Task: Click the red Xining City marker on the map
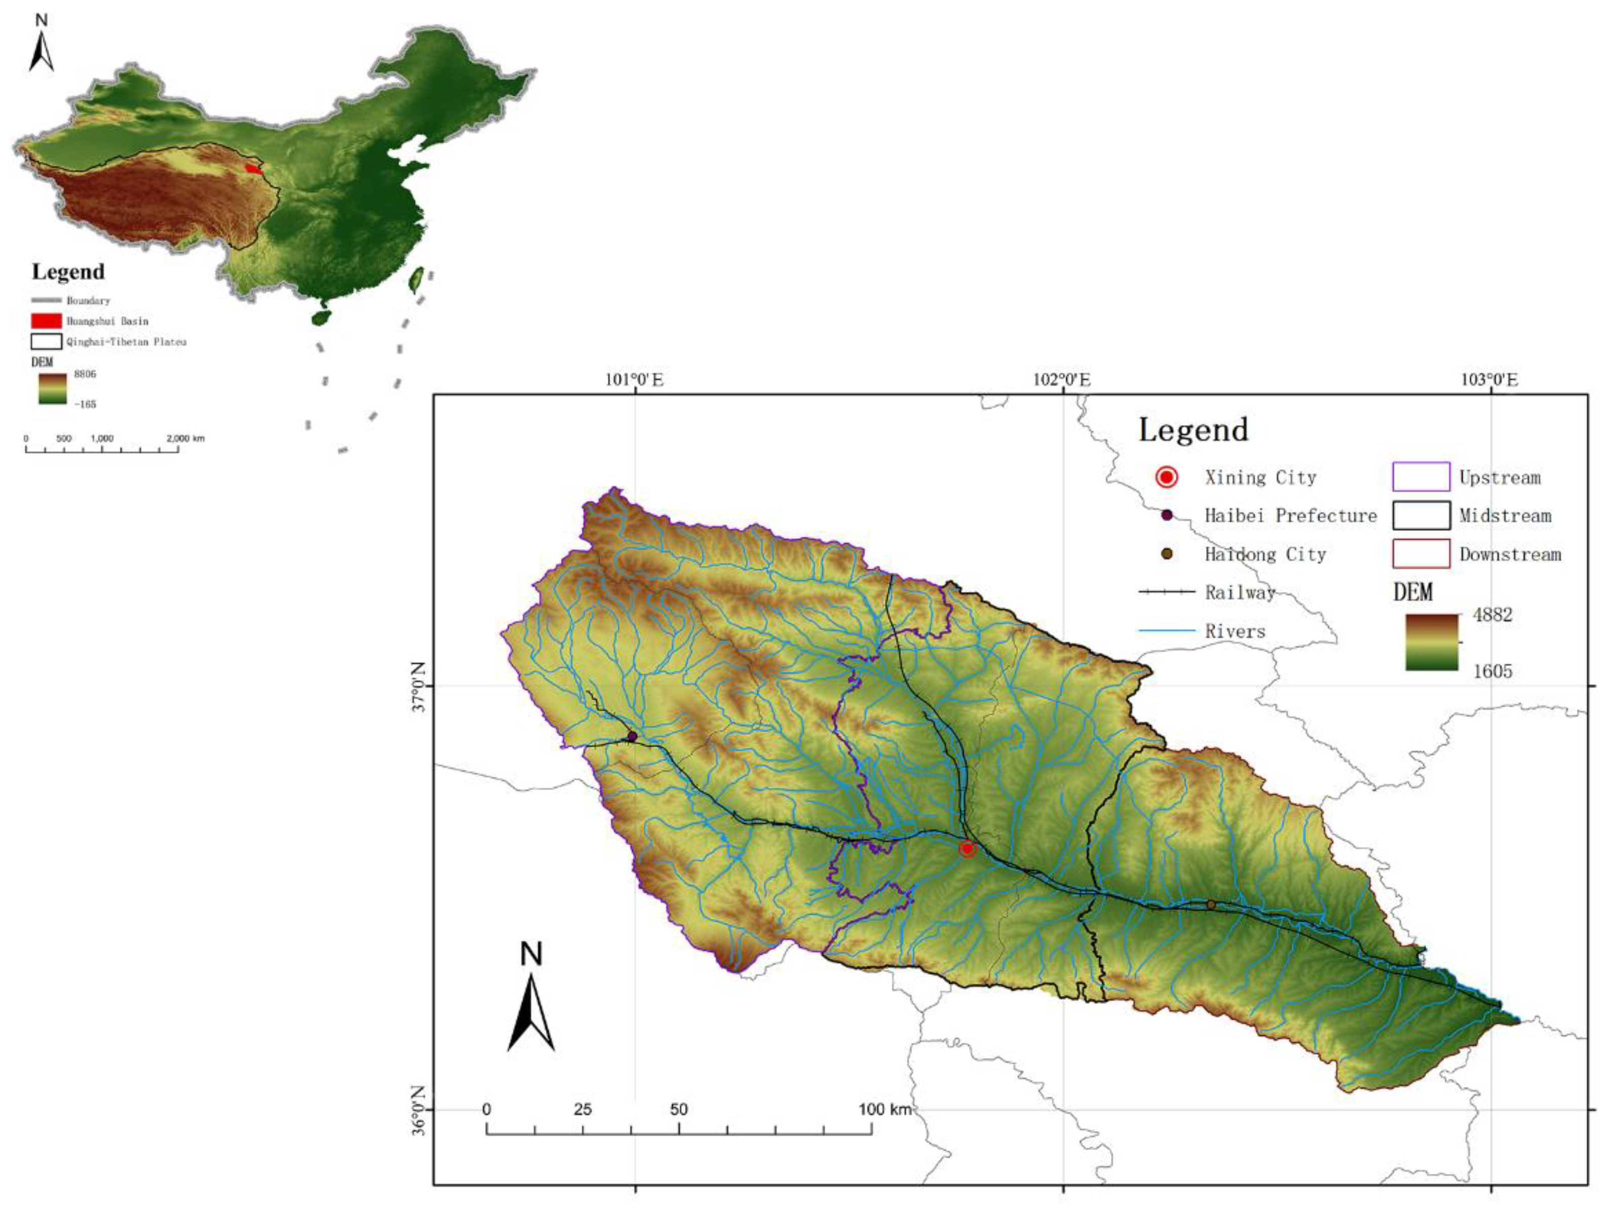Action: point(967,849)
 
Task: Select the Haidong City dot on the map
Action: point(1211,905)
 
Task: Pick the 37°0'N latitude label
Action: point(418,686)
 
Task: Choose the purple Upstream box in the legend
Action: point(1420,477)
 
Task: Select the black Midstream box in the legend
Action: point(1420,515)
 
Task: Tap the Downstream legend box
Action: point(1420,554)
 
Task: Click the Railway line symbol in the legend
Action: point(1167,592)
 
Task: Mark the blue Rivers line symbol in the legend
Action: point(1167,630)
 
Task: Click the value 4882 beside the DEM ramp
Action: point(1492,615)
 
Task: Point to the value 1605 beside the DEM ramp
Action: point(1492,670)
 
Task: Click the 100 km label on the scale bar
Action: point(885,1110)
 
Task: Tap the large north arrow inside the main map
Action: point(531,1003)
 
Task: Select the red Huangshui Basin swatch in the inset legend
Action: point(46,320)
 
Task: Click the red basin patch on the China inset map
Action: point(252,169)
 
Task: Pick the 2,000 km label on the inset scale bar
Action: point(185,439)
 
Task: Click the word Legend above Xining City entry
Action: point(1194,430)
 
